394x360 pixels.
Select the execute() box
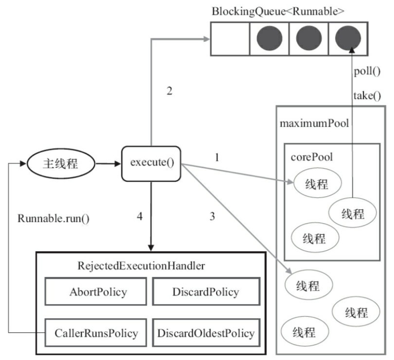pyautogui.click(x=152, y=164)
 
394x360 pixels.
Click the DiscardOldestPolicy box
pyautogui.click(x=205, y=333)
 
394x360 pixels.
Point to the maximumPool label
pyautogui.click(x=314, y=123)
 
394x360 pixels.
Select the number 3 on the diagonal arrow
pyautogui.click(x=212, y=216)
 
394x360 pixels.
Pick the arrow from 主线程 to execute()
pyautogui.click(x=107, y=164)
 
